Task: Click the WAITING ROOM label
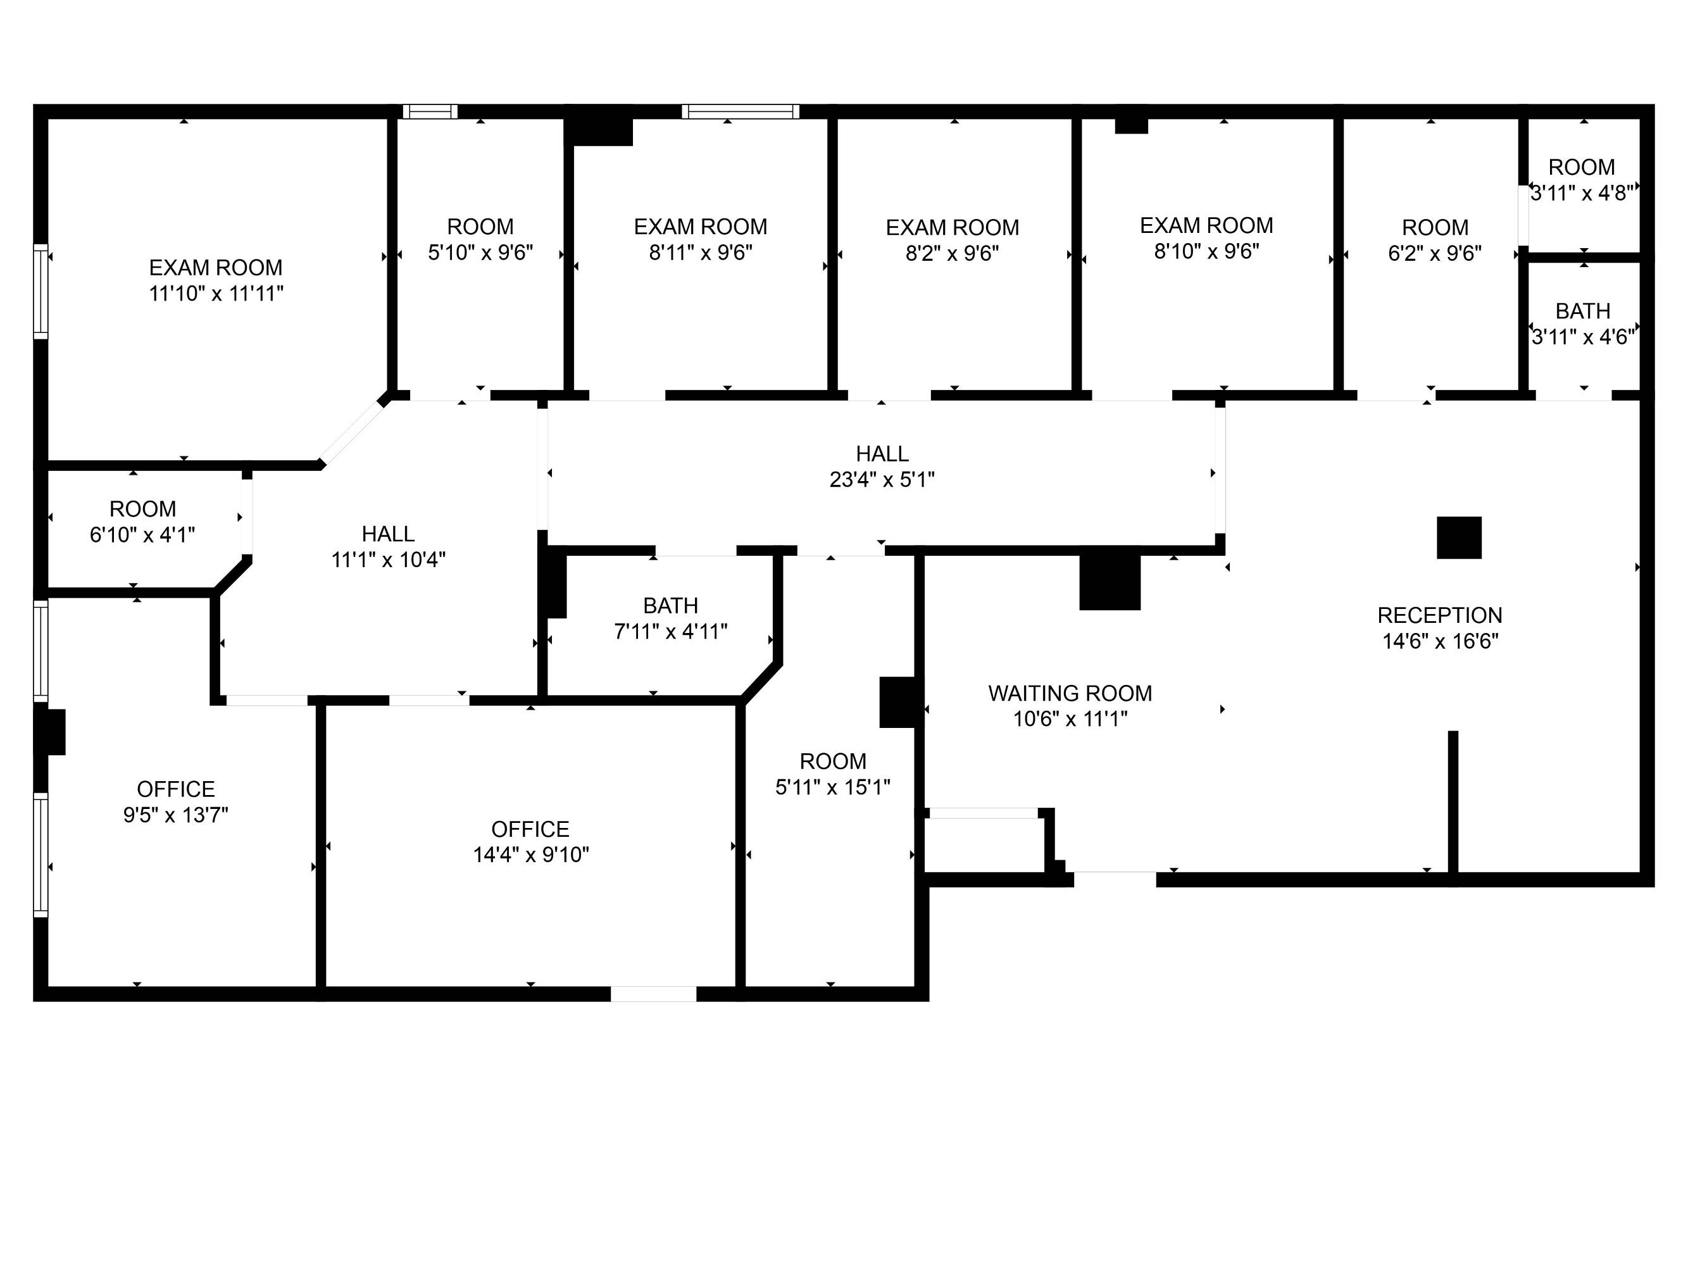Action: click(1070, 693)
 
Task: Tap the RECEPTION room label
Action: click(1439, 615)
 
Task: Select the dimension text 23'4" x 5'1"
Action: click(882, 479)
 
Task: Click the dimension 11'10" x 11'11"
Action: click(216, 293)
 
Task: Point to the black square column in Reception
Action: click(1459, 537)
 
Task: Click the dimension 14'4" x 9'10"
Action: click(531, 855)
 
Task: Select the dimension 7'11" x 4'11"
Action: click(671, 631)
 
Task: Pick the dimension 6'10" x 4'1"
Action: click(142, 534)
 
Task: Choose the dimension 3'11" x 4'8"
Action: click(1582, 193)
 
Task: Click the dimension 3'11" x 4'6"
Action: click(1584, 337)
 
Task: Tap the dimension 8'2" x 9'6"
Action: click(953, 253)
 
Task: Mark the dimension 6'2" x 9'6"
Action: click(1435, 253)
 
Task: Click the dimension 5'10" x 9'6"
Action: click(480, 252)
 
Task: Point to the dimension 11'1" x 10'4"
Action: click(389, 560)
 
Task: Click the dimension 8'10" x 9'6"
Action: click(1206, 251)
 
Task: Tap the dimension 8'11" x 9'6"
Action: click(701, 252)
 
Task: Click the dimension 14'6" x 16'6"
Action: click(1440, 641)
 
